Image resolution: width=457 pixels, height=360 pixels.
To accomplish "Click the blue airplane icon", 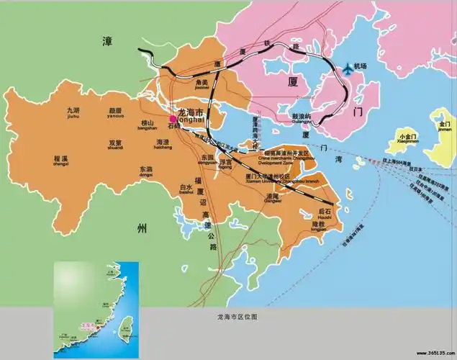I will [x=350, y=68].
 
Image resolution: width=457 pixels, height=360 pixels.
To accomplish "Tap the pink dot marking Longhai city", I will [x=173, y=120].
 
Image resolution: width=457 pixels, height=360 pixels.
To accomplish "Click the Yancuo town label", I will [x=115, y=113].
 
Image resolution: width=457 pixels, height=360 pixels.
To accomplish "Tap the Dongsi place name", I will [x=145, y=171].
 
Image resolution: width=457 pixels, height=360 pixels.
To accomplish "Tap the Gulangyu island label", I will [x=301, y=119].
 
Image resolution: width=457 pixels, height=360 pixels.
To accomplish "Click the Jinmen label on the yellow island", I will [x=444, y=127].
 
